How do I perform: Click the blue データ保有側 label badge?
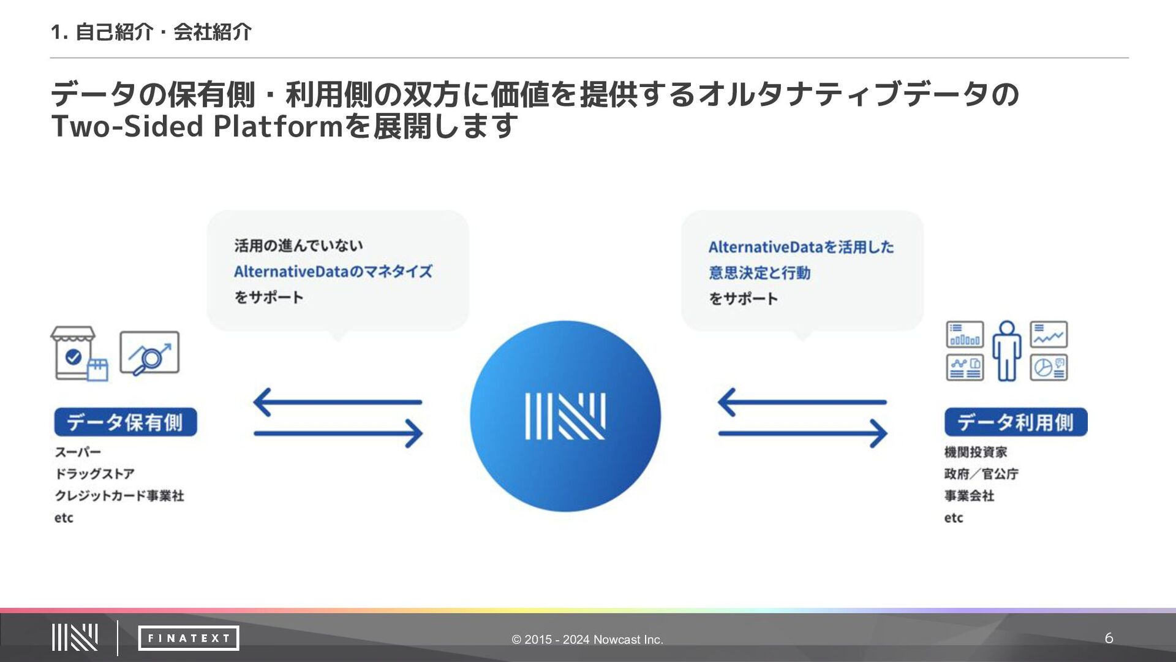point(126,422)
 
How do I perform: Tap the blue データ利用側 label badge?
point(1016,422)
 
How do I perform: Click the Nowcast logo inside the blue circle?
point(565,416)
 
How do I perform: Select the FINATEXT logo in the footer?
point(189,638)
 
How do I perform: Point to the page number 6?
point(1109,638)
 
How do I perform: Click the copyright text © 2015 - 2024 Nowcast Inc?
point(587,639)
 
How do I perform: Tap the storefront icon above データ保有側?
point(79,354)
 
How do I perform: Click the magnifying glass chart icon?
point(149,353)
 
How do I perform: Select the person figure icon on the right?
point(1007,351)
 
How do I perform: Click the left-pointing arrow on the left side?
point(337,402)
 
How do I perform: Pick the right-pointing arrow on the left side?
point(338,433)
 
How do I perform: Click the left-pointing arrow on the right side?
point(802,402)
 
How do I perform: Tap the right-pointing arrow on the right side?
point(803,433)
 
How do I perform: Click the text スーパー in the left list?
point(78,452)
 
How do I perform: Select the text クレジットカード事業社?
point(119,495)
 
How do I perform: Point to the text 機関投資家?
point(976,452)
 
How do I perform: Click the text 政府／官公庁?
point(981,474)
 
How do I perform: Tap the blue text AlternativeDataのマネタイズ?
point(333,272)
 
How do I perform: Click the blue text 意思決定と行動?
point(759,273)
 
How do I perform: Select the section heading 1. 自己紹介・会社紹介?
point(151,32)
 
